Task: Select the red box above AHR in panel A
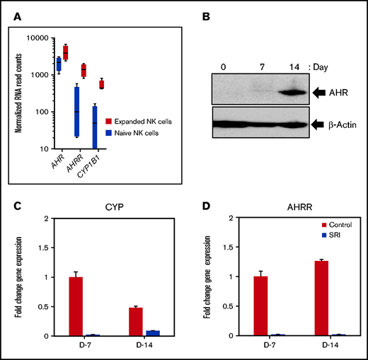(x=86, y=53)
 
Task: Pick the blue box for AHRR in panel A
(x=76, y=112)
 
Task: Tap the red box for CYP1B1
(x=122, y=84)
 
